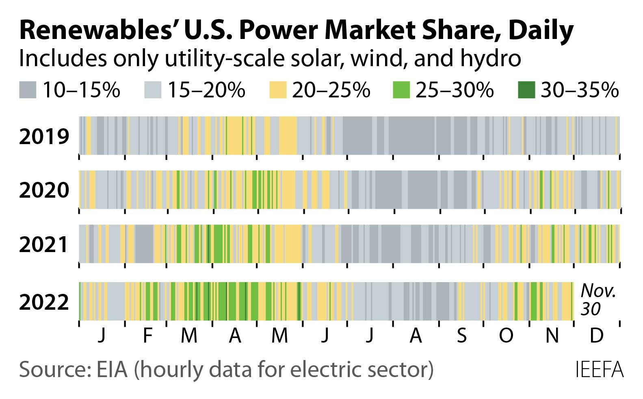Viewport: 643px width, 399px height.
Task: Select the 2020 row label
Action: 44,190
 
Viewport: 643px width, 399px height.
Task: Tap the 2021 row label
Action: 44,245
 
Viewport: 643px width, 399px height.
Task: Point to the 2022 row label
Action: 44,302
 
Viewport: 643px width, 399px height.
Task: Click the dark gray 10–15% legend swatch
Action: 28,90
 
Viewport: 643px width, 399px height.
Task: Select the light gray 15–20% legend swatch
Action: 153,90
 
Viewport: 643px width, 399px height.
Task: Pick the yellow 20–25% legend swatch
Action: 278,90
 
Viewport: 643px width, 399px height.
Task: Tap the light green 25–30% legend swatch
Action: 401,90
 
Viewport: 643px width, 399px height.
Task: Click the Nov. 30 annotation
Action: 598,300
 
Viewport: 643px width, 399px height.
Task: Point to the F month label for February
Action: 147,336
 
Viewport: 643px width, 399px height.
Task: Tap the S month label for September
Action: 461,336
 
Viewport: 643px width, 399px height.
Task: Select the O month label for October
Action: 506,336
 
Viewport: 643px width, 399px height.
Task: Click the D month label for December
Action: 596,336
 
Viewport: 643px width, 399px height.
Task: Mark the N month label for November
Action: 552,336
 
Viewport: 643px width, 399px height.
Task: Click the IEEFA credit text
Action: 599,370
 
